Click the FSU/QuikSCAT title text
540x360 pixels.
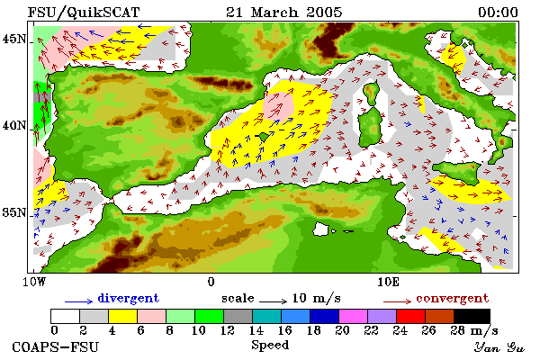tap(84, 13)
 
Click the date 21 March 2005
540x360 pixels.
tap(284, 13)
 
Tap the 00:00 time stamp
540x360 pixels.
tap(498, 13)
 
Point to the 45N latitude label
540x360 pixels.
tap(14, 39)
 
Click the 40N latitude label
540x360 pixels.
tap(14, 126)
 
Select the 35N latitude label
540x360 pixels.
tap(14, 212)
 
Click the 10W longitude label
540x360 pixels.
tap(34, 282)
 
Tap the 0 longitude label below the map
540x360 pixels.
tap(211, 282)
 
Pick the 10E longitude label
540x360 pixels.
tap(388, 282)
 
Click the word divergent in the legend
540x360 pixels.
tap(129, 298)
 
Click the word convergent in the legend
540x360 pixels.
tap(453, 298)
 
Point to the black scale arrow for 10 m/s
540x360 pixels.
tap(273, 301)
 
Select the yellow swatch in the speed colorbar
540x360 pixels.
tap(122, 316)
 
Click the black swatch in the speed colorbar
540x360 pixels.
tap(472, 316)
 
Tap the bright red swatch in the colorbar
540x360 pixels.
tap(410, 316)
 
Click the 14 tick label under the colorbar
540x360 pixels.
tap(256, 330)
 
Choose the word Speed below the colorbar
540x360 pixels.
tap(270, 346)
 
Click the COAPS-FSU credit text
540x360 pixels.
tap(55, 346)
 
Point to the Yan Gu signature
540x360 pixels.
tap(499, 347)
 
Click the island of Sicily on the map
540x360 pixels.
tap(458, 171)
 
